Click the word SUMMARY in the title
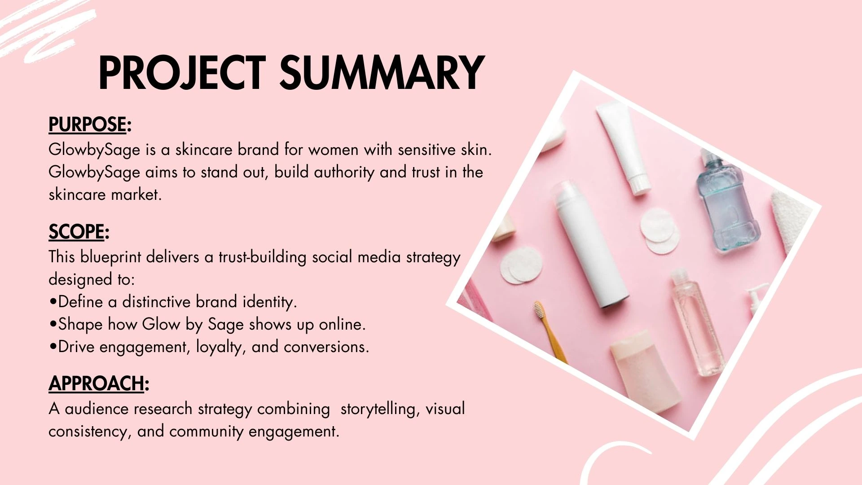(382, 73)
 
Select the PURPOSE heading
(90, 125)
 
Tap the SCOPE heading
(79, 232)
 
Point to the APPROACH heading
(99, 384)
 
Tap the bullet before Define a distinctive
(53, 302)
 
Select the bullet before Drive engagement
(53, 347)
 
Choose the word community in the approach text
(207, 432)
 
